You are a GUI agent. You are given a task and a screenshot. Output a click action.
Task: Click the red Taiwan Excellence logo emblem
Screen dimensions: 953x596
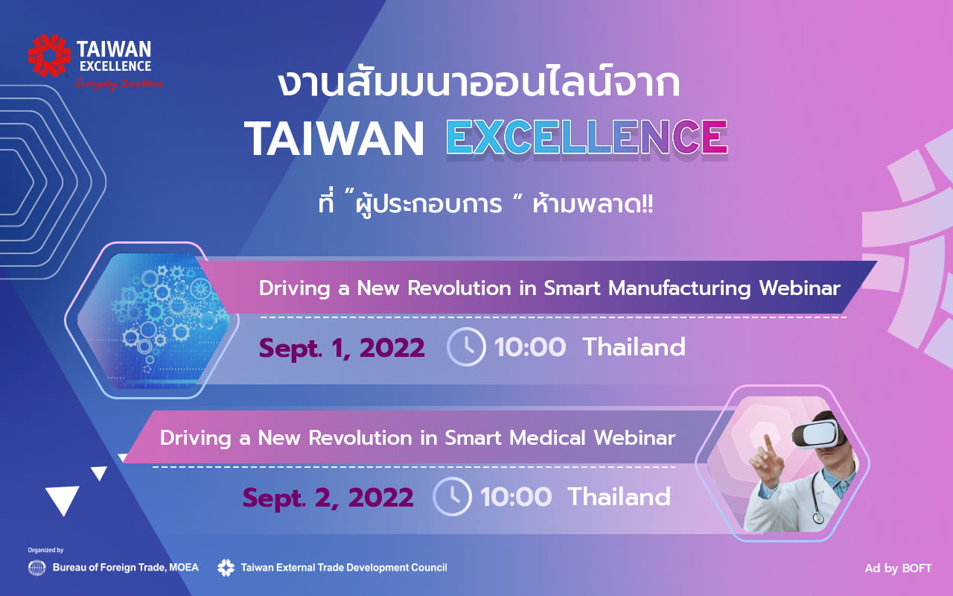[49, 56]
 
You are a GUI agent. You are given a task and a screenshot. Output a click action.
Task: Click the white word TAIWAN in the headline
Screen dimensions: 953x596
[334, 139]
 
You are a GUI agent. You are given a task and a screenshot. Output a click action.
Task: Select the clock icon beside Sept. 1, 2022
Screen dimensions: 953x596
[466, 347]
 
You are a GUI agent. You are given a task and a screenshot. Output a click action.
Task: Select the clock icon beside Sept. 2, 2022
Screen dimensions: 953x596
[452, 496]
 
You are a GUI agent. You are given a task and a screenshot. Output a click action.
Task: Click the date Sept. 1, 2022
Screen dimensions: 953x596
[342, 348]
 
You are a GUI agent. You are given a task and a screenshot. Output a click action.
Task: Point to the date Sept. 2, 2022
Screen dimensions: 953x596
[328, 498]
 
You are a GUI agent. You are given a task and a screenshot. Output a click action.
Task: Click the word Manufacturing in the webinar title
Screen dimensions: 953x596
[680, 288]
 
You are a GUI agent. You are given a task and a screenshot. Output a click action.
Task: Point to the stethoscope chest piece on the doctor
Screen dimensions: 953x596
[818, 518]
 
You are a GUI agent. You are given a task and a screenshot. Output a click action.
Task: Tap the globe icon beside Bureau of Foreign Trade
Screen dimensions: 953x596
[36, 568]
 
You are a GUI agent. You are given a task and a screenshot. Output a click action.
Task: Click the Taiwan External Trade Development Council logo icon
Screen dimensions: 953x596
[226, 568]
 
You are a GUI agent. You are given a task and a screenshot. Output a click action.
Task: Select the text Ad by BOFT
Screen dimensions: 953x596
[898, 568]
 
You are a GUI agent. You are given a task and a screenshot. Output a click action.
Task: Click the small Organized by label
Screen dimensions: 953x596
[45, 550]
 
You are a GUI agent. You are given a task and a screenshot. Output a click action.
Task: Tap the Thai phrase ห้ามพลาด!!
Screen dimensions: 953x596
[593, 205]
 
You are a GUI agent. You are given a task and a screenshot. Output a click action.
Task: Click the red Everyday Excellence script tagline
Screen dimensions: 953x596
[119, 84]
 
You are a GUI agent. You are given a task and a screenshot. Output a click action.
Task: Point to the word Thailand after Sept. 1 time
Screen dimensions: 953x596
[634, 347]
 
